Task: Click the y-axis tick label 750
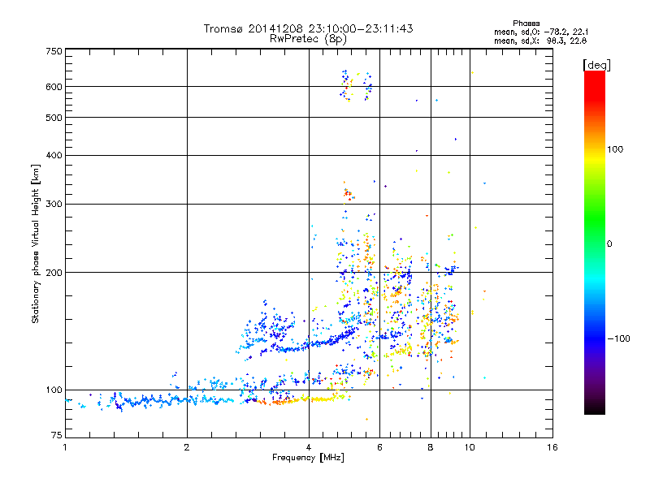54,51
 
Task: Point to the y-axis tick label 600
54,87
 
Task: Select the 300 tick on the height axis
54,204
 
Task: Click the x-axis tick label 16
552,448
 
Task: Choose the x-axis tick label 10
469,448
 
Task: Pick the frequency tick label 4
309,448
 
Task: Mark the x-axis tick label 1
65,448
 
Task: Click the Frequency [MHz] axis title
308,458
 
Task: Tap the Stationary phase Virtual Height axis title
36,243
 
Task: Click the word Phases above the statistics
526,23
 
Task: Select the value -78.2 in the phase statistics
564,32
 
